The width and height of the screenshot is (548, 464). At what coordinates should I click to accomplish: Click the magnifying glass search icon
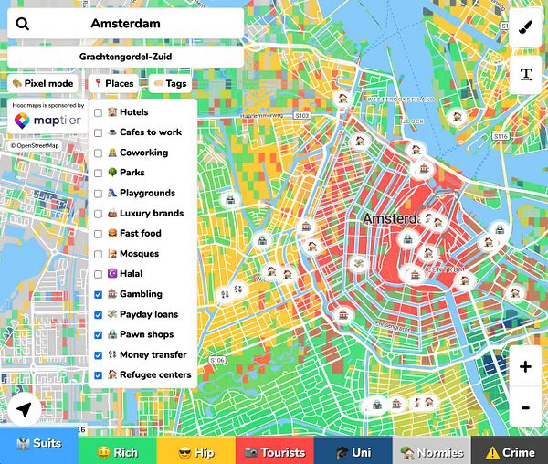coord(23,25)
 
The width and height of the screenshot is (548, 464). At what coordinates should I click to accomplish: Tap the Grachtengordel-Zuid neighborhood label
coord(125,57)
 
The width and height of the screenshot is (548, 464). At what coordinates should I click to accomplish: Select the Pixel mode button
coord(43,83)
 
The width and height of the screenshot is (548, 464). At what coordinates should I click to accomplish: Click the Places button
coord(113,83)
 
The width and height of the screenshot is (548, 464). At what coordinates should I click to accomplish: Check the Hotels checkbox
coord(98,112)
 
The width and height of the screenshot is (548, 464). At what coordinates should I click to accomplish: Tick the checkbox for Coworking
coord(98,153)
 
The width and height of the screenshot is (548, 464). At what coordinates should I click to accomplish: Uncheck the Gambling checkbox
coord(98,294)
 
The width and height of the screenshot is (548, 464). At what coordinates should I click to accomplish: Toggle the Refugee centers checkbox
coord(98,374)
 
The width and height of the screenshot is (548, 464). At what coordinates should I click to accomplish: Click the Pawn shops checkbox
coord(98,334)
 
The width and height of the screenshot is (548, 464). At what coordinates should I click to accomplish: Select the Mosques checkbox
coord(98,254)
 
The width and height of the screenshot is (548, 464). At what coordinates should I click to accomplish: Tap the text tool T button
coord(525,75)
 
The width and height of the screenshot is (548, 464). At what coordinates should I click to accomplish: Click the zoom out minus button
coord(525,407)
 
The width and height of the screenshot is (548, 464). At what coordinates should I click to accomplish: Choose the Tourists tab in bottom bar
coord(274,451)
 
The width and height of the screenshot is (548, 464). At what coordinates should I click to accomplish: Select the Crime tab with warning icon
coord(510,451)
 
